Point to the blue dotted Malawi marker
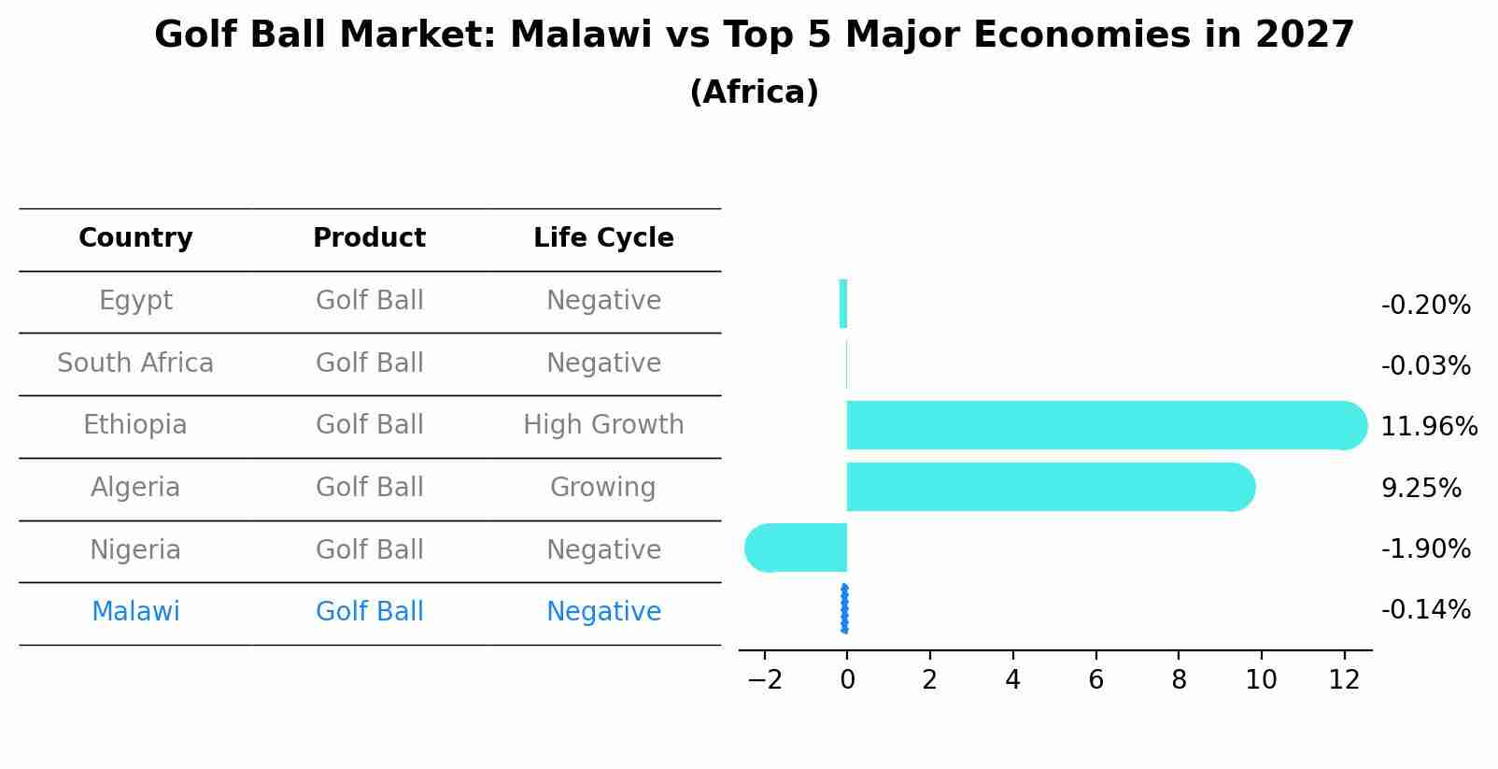(x=844, y=609)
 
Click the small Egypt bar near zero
(x=843, y=304)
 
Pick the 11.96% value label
(x=1428, y=427)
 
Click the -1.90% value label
(x=1425, y=549)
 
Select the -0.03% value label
(x=1425, y=366)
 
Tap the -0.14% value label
(x=1425, y=610)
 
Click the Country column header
(x=135, y=238)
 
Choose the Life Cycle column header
(x=603, y=238)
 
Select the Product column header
(x=369, y=238)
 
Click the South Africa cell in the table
(x=135, y=363)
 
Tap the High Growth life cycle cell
(x=603, y=425)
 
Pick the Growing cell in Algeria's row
(x=602, y=488)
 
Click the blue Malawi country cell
(x=135, y=612)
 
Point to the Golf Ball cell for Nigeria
(x=369, y=549)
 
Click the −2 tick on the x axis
(x=764, y=680)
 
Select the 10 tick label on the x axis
(x=1261, y=680)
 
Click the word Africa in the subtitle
(x=754, y=93)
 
